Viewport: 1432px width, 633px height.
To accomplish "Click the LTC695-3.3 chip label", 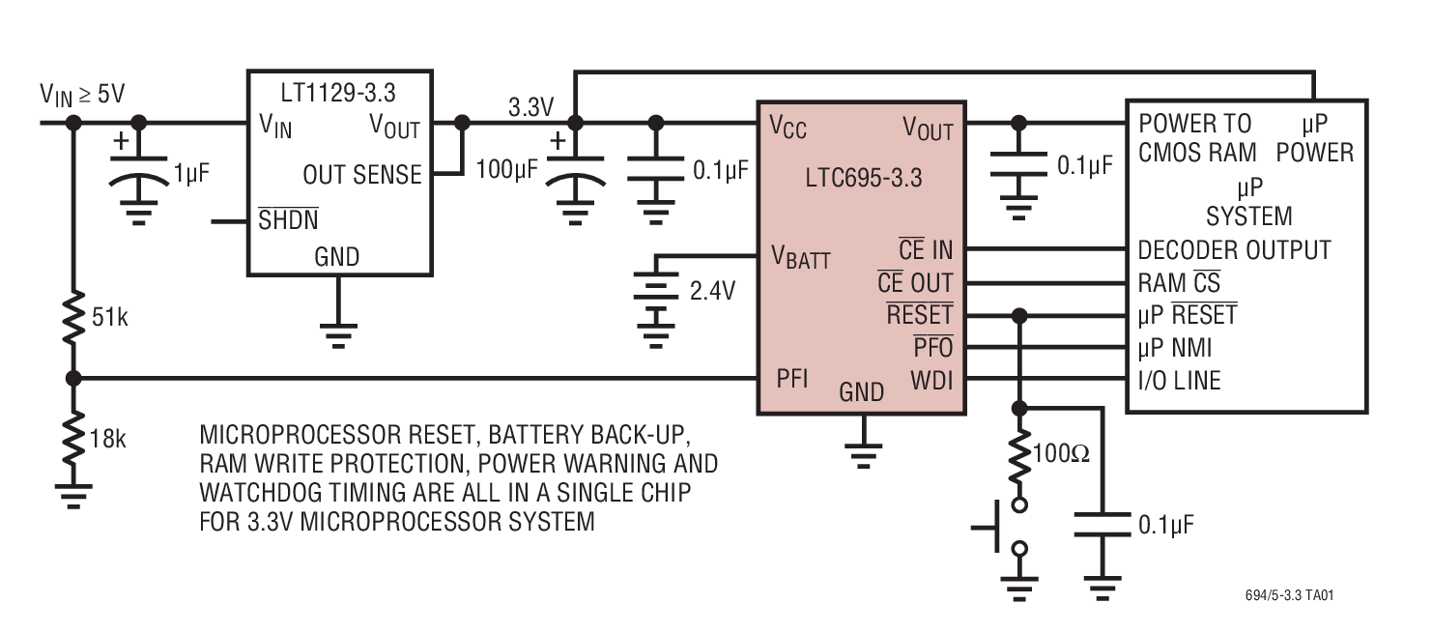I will [863, 178].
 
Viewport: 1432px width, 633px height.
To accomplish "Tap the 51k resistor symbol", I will [72, 317].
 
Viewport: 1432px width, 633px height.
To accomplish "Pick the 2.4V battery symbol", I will [656, 300].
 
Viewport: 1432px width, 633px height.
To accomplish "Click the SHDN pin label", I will [288, 220].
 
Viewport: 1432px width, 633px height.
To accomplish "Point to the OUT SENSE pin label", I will [362, 175].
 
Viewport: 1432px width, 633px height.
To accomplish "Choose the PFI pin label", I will [792, 378].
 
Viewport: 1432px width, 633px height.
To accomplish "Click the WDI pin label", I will [931, 379].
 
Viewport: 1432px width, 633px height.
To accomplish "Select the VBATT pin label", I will [800, 257].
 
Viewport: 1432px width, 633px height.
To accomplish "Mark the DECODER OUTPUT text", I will [1234, 250].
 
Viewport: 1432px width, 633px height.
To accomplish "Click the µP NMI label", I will [1175, 347].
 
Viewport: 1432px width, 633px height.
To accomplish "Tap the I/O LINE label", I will [1180, 381].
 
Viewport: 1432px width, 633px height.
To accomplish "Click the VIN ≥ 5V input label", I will [82, 94].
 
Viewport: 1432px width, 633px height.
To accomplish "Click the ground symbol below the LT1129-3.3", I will [337, 333].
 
